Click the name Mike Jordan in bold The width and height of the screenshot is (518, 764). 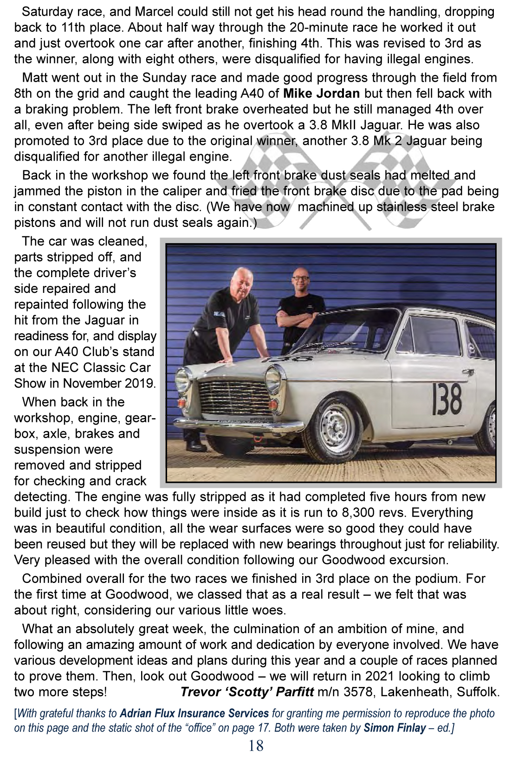(x=321, y=93)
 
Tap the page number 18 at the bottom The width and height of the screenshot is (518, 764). (x=256, y=745)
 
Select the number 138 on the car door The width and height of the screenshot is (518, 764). (x=447, y=399)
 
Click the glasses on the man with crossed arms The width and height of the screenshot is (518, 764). (x=301, y=278)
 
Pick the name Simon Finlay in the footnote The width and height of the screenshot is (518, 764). (x=395, y=728)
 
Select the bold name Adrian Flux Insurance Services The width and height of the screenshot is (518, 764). (x=194, y=713)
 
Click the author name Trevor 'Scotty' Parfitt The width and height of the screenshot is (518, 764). (x=247, y=692)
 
